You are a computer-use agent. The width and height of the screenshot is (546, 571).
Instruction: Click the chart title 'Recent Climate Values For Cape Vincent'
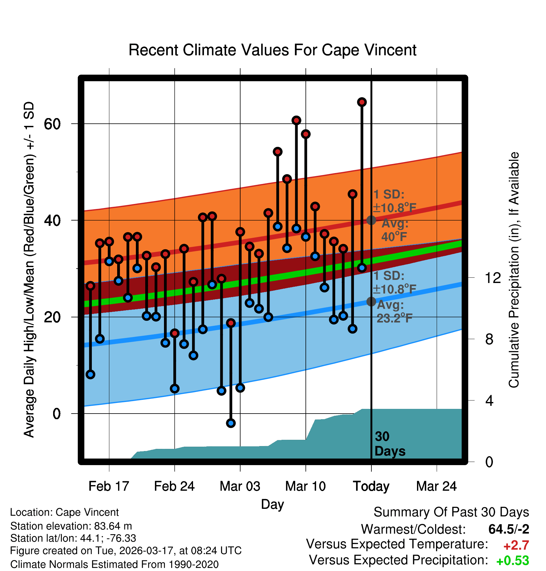[272, 50]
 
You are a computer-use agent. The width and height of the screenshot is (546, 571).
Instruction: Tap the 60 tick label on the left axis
[52, 124]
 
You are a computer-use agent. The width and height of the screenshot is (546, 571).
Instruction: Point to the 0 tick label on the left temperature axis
[57, 414]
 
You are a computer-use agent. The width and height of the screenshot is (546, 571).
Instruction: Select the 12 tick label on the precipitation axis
[493, 278]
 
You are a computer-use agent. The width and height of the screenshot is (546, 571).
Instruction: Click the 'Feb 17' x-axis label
[109, 486]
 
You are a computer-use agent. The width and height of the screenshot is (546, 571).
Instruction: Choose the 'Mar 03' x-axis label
[240, 486]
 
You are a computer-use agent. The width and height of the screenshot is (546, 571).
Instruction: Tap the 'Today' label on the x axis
[371, 486]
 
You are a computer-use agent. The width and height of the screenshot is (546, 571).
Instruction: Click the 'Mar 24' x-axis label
[436, 486]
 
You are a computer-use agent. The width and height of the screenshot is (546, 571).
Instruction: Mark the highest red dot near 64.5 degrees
[362, 102]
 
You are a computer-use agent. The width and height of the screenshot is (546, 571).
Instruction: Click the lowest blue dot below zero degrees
[231, 423]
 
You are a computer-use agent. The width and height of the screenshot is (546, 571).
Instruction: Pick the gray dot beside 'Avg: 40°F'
[371, 220]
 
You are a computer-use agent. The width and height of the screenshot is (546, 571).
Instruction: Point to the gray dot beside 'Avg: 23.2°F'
[371, 301]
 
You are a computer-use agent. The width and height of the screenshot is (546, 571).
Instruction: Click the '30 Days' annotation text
[390, 444]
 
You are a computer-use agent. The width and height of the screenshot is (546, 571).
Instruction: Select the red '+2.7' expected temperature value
[516, 545]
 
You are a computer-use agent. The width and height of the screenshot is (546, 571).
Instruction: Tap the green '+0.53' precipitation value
[513, 561]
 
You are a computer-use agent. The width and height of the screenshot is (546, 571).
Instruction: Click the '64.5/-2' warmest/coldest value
[509, 529]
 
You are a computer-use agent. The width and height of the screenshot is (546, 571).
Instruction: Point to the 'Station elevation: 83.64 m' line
[71, 526]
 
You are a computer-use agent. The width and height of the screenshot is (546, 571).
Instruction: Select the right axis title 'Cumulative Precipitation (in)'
[514, 270]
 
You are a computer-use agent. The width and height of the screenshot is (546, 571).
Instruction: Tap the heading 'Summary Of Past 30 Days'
[451, 512]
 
